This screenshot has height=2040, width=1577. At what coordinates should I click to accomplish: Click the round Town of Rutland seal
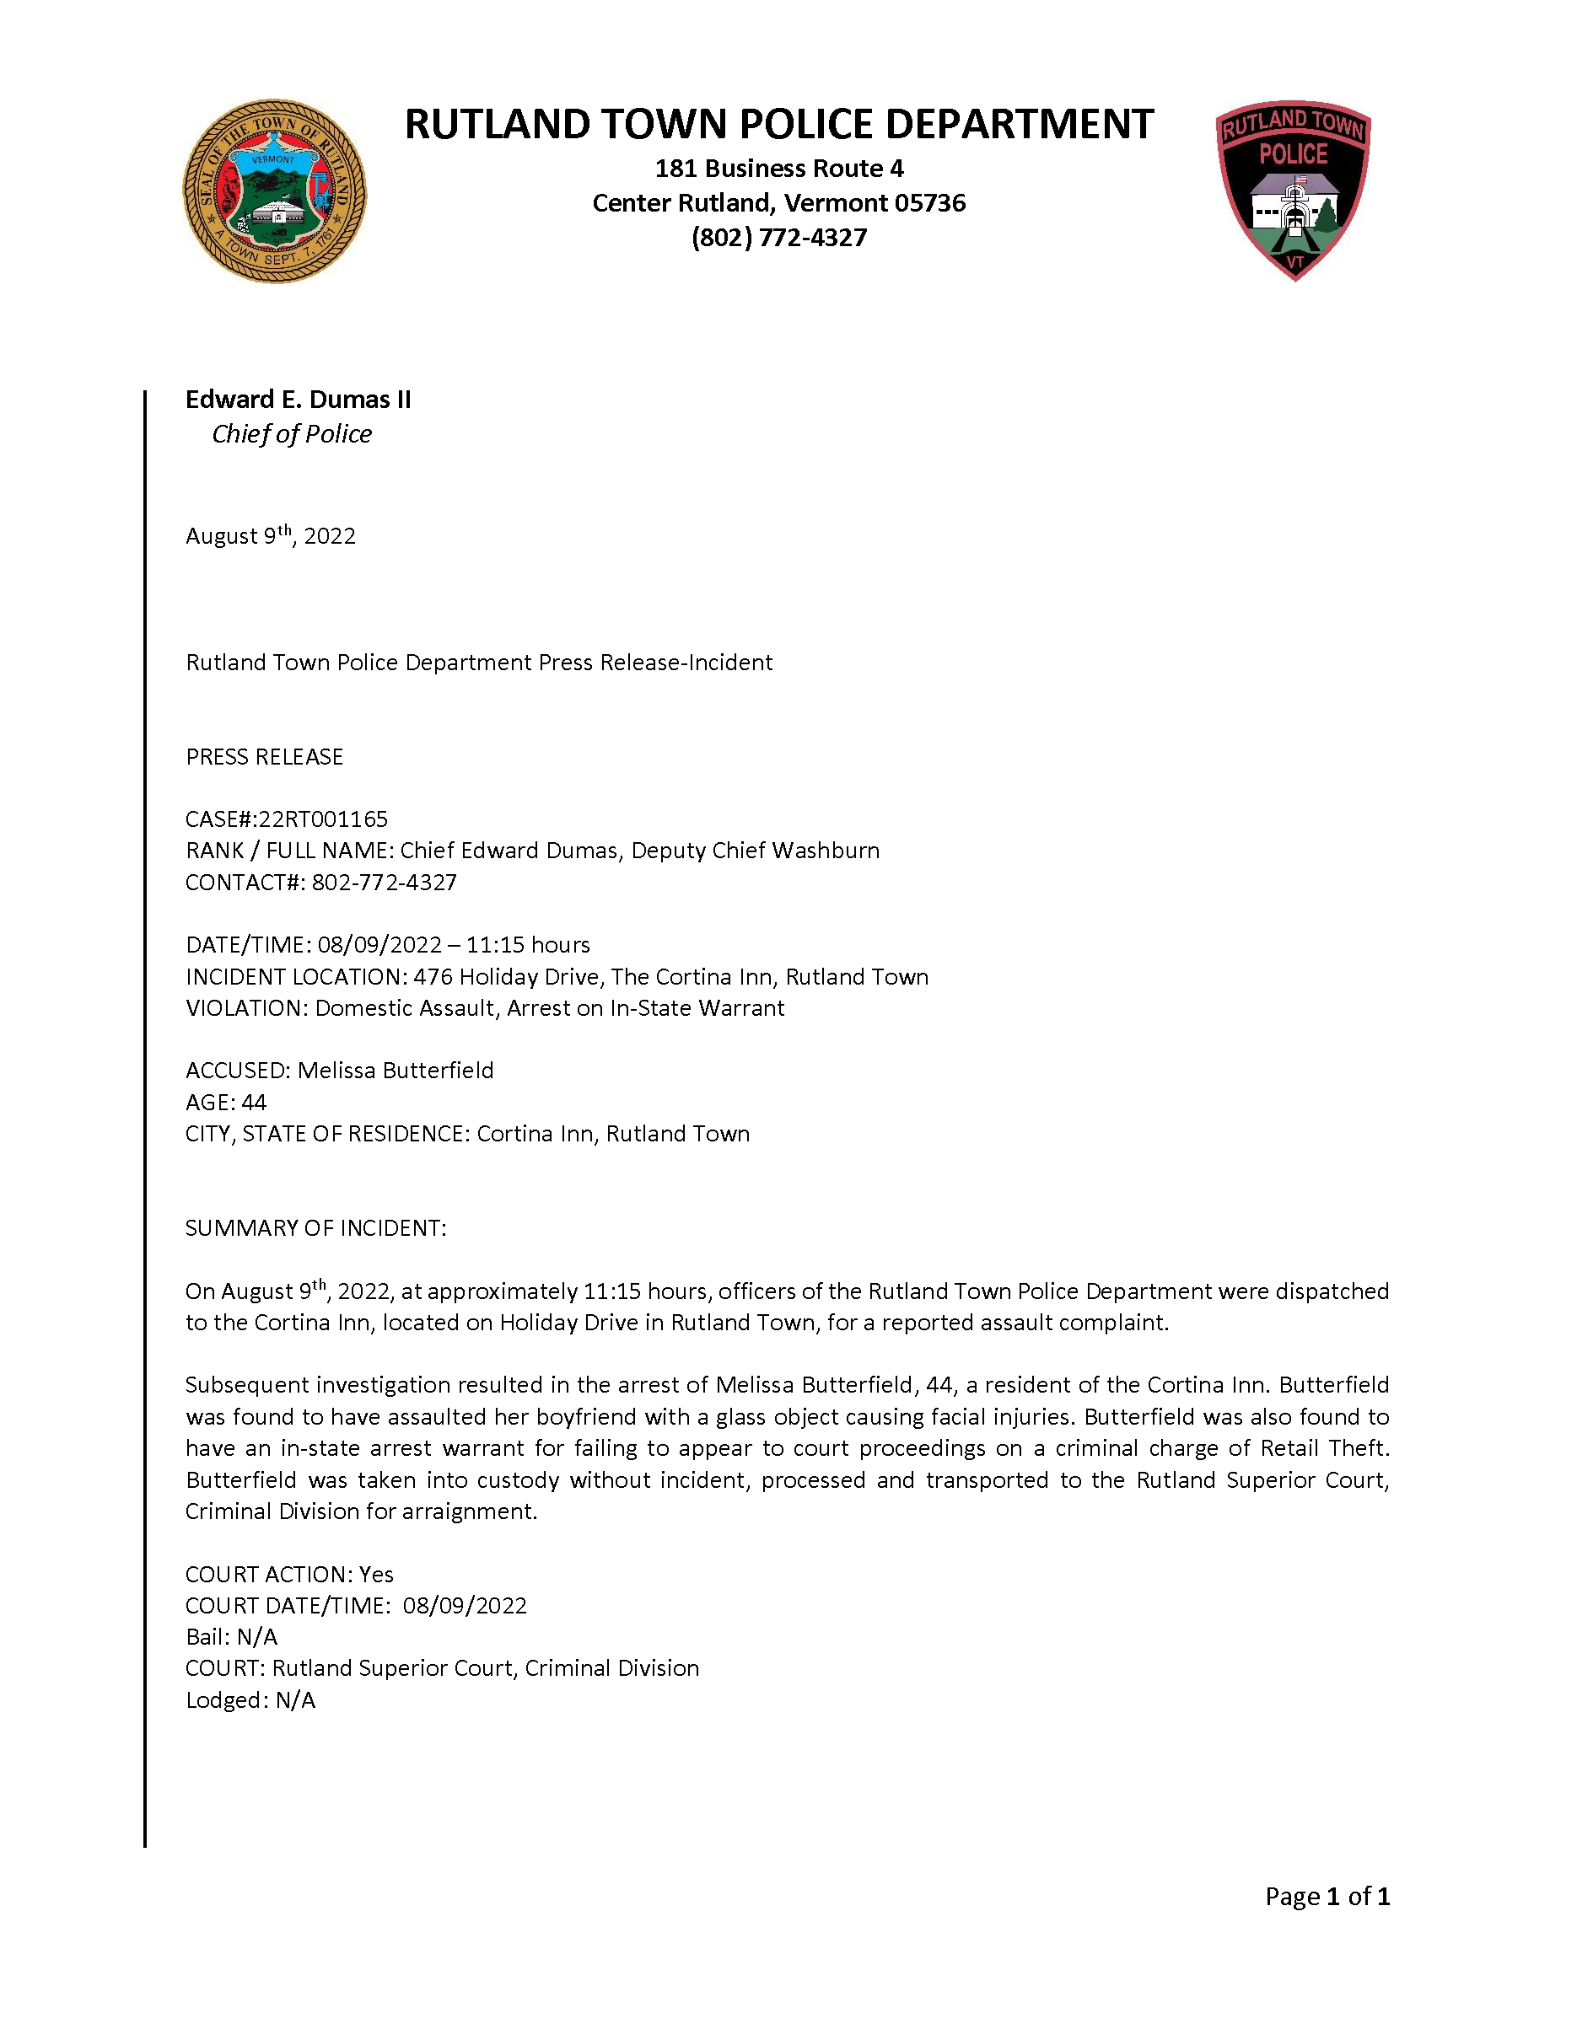pyautogui.click(x=274, y=191)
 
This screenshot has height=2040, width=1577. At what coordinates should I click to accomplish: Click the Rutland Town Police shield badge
pyautogui.click(x=1293, y=190)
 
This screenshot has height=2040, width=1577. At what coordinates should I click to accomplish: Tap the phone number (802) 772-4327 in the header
pyautogui.click(x=779, y=237)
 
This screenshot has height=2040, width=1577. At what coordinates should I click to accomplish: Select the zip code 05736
pyautogui.click(x=928, y=202)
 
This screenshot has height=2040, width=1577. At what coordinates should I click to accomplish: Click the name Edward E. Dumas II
pyautogui.click(x=298, y=400)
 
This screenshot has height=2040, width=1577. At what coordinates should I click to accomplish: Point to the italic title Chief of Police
pyautogui.click(x=292, y=434)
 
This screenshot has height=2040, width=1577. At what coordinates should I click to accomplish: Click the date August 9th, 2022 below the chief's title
pyautogui.click(x=270, y=536)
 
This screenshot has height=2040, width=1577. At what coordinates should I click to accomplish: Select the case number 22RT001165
pyautogui.click(x=323, y=819)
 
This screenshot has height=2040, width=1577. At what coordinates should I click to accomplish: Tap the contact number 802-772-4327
pyautogui.click(x=384, y=883)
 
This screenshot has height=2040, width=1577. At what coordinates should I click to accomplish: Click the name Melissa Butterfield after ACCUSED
pyautogui.click(x=396, y=1071)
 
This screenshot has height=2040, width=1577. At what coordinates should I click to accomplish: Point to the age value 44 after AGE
pyautogui.click(x=254, y=1103)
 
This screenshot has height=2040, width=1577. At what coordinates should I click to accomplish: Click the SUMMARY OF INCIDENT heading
pyautogui.click(x=315, y=1228)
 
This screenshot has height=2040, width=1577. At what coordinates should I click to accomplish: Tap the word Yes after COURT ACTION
pyautogui.click(x=376, y=1575)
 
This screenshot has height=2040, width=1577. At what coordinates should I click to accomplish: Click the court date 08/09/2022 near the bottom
pyautogui.click(x=466, y=1607)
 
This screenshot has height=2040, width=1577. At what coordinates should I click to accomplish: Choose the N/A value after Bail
pyautogui.click(x=257, y=1637)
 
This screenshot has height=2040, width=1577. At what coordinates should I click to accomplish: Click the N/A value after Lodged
pyautogui.click(x=295, y=1701)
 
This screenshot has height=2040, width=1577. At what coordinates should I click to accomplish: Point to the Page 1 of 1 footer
pyautogui.click(x=1327, y=1897)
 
